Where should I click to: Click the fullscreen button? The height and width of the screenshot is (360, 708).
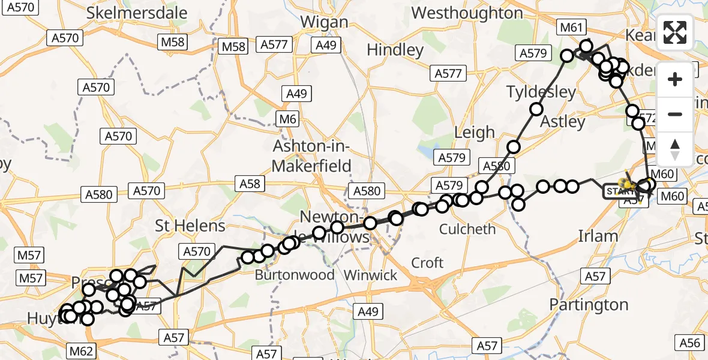675,32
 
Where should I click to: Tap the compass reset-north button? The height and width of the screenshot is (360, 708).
675,149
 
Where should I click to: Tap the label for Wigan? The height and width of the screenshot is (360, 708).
324,22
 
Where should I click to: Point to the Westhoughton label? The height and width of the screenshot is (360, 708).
467,13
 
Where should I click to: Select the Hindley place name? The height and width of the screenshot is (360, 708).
395,50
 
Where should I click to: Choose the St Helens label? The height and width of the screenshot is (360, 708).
190,226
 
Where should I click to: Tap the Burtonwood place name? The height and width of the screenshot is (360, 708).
295,275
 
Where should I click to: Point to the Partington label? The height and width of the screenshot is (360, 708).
589,305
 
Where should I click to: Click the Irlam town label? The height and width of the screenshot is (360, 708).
598,236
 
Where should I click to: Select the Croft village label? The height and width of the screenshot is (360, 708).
427,262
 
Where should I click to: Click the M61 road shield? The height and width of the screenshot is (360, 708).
571,27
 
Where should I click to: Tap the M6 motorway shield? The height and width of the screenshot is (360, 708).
288,119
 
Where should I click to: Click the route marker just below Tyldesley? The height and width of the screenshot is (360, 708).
536,109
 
